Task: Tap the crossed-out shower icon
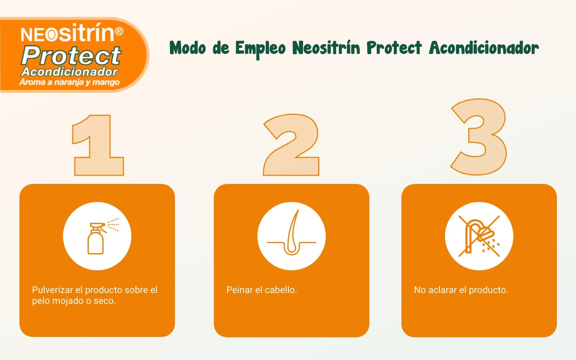(x=479, y=236)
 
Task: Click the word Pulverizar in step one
(x=53, y=290)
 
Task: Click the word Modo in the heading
(x=188, y=48)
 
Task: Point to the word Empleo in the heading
(x=261, y=49)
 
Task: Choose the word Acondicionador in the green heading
(x=484, y=48)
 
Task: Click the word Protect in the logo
(x=71, y=55)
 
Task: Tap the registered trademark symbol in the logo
(x=119, y=31)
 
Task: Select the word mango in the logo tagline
(x=106, y=82)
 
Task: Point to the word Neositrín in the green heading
(x=326, y=48)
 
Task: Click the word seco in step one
(x=105, y=301)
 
